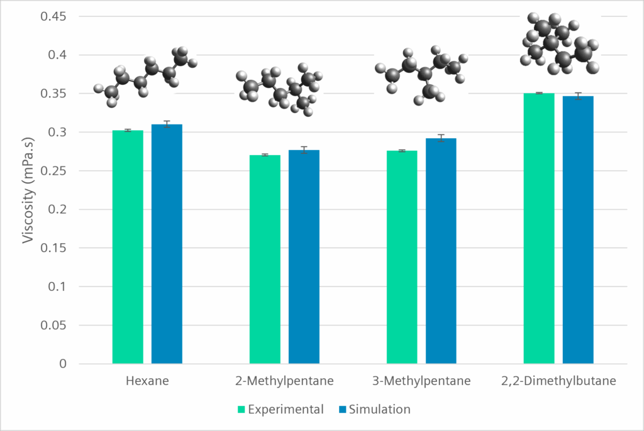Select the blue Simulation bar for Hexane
click(x=167, y=244)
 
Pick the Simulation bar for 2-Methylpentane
click(x=304, y=257)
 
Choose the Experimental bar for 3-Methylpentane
click(x=402, y=258)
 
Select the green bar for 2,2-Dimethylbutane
click(x=539, y=229)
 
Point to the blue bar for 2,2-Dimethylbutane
click(x=578, y=230)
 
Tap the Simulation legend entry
click(x=375, y=410)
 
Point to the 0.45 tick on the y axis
click(x=53, y=16)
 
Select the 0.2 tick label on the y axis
click(x=57, y=209)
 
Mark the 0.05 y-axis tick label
click(x=53, y=325)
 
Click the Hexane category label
click(x=147, y=381)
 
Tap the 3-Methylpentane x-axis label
click(x=421, y=381)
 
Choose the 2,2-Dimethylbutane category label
click(x=558, y=381)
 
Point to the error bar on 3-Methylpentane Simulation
click(x=441, y=138)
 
